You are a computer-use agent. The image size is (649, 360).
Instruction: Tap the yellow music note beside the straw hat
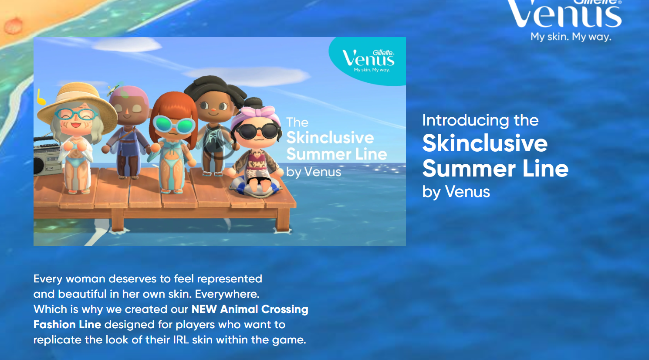click(41, 97)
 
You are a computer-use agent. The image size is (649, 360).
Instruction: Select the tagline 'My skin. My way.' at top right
click(571, 37)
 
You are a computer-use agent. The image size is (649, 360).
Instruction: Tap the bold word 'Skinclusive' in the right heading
click(485, 143)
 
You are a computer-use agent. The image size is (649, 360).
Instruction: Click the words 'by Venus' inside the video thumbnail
click(314, 172)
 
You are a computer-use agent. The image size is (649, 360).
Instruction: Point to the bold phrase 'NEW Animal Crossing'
click(250, 309)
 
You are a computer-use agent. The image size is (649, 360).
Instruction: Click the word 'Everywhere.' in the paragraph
click(227, 294)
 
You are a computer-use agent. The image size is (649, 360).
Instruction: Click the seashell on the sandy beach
click(13, 26)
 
